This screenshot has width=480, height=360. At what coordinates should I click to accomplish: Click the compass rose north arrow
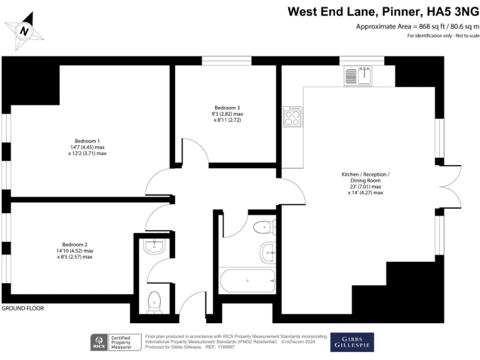pyautogui.click(x=24, y=30)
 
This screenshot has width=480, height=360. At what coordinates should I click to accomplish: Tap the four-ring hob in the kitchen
pyautogui.click(x=292, y=117)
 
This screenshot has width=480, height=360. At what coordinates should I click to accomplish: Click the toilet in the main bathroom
pyautogui.click(x=265, y=227)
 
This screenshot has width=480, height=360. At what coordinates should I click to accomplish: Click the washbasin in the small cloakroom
pyautogui.click(x=154, y=246)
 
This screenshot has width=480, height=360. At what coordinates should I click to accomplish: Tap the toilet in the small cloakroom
pyautogui.click(x=154, y=302)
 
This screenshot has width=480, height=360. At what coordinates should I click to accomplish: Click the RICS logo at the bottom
pyautogui.click(x=99, y=341)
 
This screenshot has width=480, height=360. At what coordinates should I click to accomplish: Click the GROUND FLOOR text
pyautogui.click(x=23, y=309)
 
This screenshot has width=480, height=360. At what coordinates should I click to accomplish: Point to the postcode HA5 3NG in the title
pyautogui.click(x=450, y=11)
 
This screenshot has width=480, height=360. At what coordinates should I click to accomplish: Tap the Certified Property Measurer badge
pyautogui.click(x=125, y=341)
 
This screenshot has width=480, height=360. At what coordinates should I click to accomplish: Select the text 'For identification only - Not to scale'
pyautogui.click(x=443, y=36)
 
